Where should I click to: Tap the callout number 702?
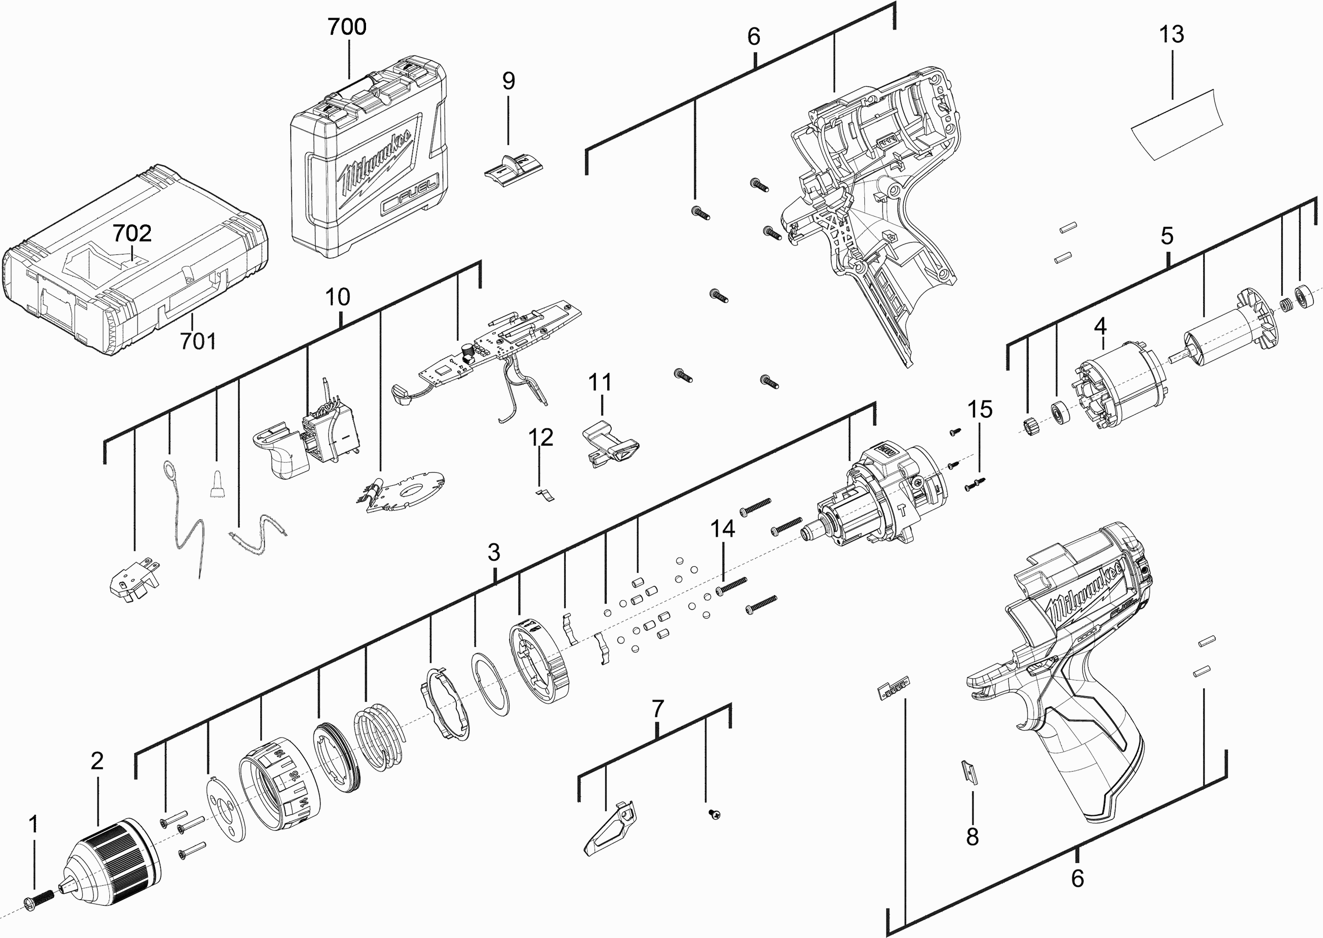pos(132,233)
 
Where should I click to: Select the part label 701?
pos(198,341)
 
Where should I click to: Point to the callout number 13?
pos(1171,35)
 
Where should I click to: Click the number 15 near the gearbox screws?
pos(980,409)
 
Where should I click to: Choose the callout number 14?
pos(723,529)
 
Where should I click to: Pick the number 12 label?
pos(541,437)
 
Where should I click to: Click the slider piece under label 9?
pos(512,166)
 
